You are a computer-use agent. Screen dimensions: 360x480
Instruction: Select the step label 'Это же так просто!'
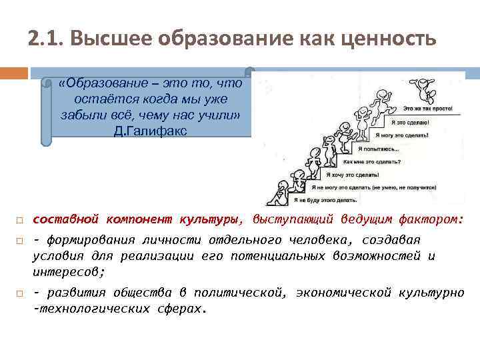(427, 107)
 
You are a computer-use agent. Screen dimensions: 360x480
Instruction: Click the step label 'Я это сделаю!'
(410, 122)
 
